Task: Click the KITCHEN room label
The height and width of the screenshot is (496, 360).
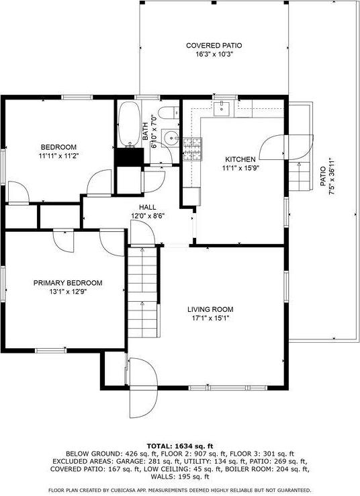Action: pos(240,159)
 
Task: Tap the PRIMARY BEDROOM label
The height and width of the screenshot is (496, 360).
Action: pos(68,283)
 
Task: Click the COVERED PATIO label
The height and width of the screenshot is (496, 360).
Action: pos(214,46)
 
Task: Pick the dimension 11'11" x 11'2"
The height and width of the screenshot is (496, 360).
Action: pos(58,156)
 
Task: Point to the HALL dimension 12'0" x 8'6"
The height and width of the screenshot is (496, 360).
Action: pos(148,216)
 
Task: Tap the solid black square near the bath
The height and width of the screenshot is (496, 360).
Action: pos(129,156)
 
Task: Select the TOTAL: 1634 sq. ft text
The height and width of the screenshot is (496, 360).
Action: pos(179,446)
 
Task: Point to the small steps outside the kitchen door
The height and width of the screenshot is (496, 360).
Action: pos(298,176)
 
